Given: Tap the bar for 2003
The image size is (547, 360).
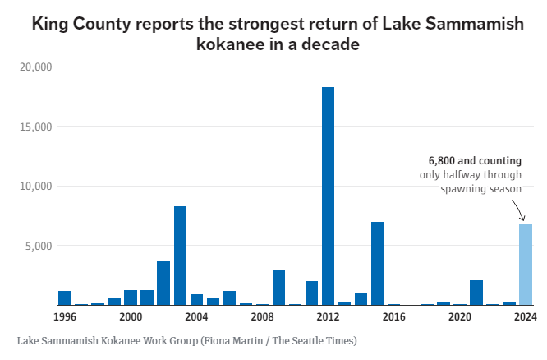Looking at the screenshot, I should (180, 256).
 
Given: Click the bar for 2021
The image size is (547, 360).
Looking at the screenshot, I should (476, 293).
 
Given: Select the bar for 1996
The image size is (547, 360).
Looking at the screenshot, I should (65, 298).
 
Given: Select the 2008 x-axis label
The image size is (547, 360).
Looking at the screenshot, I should (262, 316).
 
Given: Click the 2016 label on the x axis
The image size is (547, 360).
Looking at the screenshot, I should (393, 316).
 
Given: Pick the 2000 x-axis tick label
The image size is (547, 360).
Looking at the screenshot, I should (131, 316).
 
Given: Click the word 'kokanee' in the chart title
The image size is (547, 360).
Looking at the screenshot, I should (231, 45).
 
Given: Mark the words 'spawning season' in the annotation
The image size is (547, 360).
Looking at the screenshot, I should (483, 189).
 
